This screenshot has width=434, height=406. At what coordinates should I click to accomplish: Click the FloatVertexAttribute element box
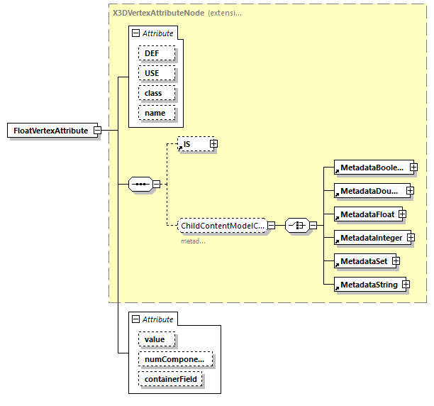[50, 131]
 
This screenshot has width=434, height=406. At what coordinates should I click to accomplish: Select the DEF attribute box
[152, 53]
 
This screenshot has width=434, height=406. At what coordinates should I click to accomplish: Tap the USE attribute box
[152, 73]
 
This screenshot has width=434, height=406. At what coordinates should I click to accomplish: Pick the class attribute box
[153, 93]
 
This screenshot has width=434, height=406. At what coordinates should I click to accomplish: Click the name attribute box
[155, 113]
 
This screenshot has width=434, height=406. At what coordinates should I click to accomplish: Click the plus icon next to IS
[213, 144]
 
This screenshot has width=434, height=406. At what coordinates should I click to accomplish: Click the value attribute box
[156, 340]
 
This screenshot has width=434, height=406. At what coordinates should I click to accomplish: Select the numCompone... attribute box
[174, 360]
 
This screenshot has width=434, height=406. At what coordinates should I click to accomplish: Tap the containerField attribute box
[171, 380]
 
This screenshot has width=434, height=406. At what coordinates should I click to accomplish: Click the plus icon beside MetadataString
[406, 285]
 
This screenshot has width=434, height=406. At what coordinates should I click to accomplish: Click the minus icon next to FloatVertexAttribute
[97, 131]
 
